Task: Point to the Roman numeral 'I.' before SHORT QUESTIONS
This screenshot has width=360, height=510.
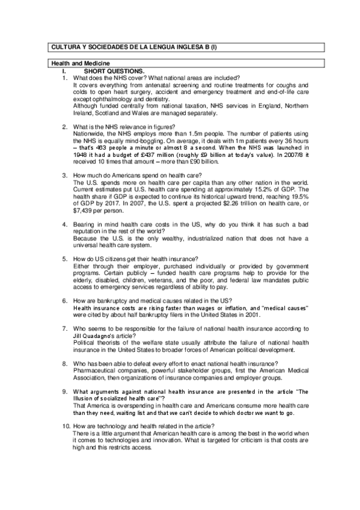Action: point(56,71)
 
